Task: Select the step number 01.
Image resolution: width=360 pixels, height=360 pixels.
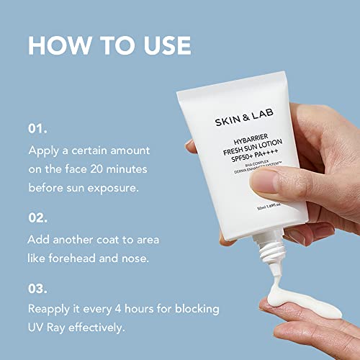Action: pos(37,130)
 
